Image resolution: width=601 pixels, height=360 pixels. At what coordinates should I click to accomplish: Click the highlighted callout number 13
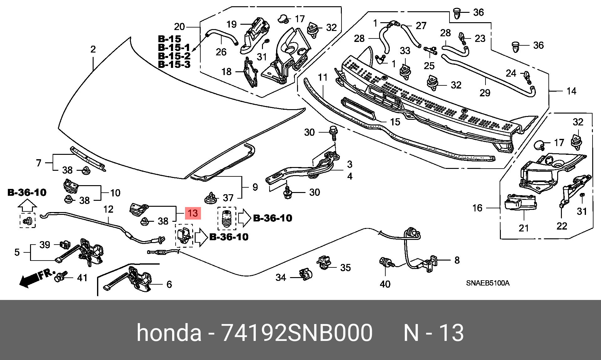point(193,213)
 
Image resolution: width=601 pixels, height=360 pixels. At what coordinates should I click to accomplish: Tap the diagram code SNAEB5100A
point(488,283)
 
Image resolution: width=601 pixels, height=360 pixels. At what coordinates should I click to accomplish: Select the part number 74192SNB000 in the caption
point(297,333)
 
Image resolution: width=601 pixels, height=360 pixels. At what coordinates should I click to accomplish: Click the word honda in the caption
point(169,333)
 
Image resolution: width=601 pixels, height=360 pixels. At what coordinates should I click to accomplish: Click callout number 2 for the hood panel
point(93,49)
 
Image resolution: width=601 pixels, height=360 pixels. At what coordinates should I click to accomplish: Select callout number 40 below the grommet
point(385,284)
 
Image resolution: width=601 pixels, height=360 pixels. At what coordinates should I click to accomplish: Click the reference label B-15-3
point(174,64)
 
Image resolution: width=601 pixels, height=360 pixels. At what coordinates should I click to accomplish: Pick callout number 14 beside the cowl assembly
point(571,91)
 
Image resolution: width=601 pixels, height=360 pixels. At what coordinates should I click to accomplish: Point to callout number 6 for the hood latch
point(169,284)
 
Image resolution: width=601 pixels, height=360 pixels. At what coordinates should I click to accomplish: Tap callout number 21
point(524,228)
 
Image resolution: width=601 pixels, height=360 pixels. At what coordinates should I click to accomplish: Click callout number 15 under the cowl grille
point(395,122)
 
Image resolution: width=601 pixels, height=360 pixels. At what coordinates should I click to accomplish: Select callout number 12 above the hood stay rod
point(108,209)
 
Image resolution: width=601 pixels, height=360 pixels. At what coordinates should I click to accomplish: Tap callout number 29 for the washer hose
point(485,93)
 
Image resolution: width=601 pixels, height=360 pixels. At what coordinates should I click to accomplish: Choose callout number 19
point(231,24)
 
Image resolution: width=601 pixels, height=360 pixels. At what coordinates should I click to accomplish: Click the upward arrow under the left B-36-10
point(27,206)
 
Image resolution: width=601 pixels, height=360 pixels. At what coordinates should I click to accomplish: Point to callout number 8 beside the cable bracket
point(457,260)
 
